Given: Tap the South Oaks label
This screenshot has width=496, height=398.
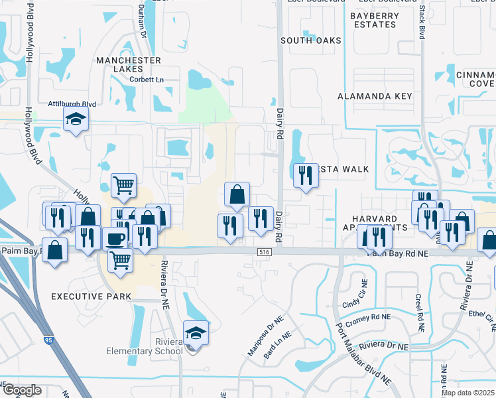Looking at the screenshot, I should point(310,40).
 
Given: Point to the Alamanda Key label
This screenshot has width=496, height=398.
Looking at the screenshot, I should point(375,96).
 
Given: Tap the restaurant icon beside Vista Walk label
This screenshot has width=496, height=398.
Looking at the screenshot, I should point(306,174).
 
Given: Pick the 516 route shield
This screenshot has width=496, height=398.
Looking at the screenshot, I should point(265,252).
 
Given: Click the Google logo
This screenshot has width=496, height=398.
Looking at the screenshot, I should point(23,390).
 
